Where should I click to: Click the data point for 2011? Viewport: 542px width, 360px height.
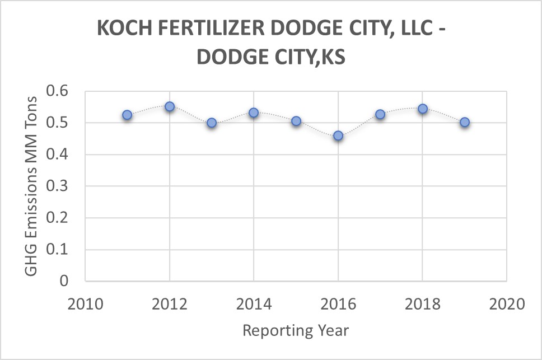[x=127, y=115]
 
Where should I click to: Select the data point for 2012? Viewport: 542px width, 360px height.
[x=170, y=106]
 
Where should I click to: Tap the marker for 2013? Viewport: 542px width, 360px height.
[x=212, y=123]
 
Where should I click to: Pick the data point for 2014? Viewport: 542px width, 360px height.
[x=254, y=113]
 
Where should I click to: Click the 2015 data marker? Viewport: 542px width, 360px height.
[x=296, y=121]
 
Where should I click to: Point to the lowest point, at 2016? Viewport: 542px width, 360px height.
[x=338, y=135]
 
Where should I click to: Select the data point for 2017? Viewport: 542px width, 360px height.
[x=380, y=114]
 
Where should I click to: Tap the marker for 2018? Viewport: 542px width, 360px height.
[x=423, y=109]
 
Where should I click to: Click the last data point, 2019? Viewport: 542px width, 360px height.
[x=465, y=122]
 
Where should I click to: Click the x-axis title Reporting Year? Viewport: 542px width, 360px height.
[x=296, y=330]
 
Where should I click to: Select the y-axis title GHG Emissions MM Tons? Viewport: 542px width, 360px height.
[x=32, y=186]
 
